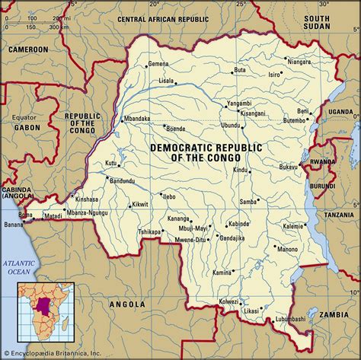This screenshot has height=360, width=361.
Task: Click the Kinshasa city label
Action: pyautogui.click(x=88, y=199)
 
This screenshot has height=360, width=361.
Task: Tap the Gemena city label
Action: pyautogui.click(x=158, y=64)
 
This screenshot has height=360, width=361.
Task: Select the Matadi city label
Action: pyautogui.click(x=53, y=216)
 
